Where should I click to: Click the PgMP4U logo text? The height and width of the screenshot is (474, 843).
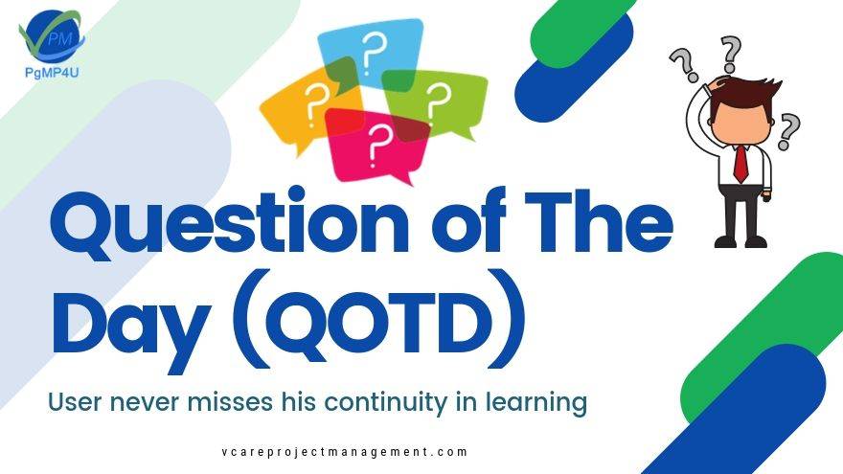tap(52, 72)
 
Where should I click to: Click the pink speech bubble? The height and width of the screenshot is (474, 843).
tap(376, 146)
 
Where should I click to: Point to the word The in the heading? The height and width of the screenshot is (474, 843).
tap(599, 220)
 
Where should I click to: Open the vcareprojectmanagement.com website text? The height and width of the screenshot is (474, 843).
tap(345, 452)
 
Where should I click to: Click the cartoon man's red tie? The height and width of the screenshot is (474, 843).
tap(740, 164)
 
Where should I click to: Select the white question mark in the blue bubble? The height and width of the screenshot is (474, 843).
tap(372, 52)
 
